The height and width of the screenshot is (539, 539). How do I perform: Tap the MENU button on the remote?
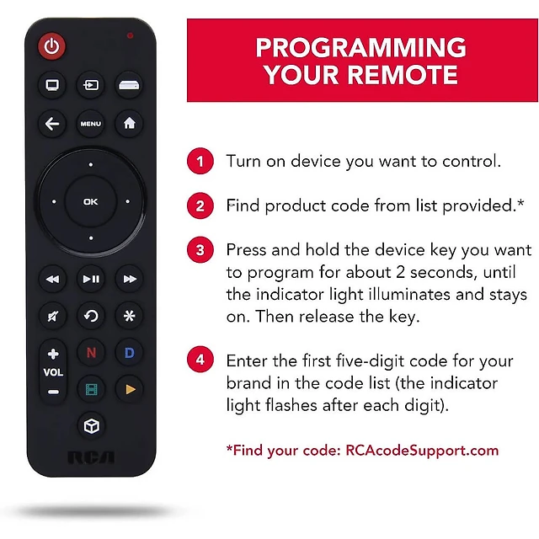pos(91,124)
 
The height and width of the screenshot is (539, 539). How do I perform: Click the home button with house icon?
pos(129,124)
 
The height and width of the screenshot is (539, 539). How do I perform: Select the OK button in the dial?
pos(91,201)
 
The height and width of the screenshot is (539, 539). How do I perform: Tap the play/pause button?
pos(91,279)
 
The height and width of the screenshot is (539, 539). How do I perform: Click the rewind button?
pos(52,279)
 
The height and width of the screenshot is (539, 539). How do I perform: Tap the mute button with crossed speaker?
pos(53,316)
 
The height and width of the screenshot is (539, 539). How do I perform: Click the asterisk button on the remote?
pos(129,316)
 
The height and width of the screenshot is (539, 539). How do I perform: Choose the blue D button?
pos(129,353)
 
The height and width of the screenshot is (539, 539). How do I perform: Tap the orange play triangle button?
pos(130,389)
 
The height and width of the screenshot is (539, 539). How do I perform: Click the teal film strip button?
pos(91,389)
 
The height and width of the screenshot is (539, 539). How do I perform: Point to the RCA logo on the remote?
pos(91,457)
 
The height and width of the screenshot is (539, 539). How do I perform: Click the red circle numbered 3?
pos(200,250)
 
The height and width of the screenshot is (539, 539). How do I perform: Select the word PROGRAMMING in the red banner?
pos(361,47)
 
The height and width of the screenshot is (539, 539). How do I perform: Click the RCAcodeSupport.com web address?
pos(422,451)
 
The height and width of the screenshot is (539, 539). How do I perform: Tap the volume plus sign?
pos(53,354)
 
